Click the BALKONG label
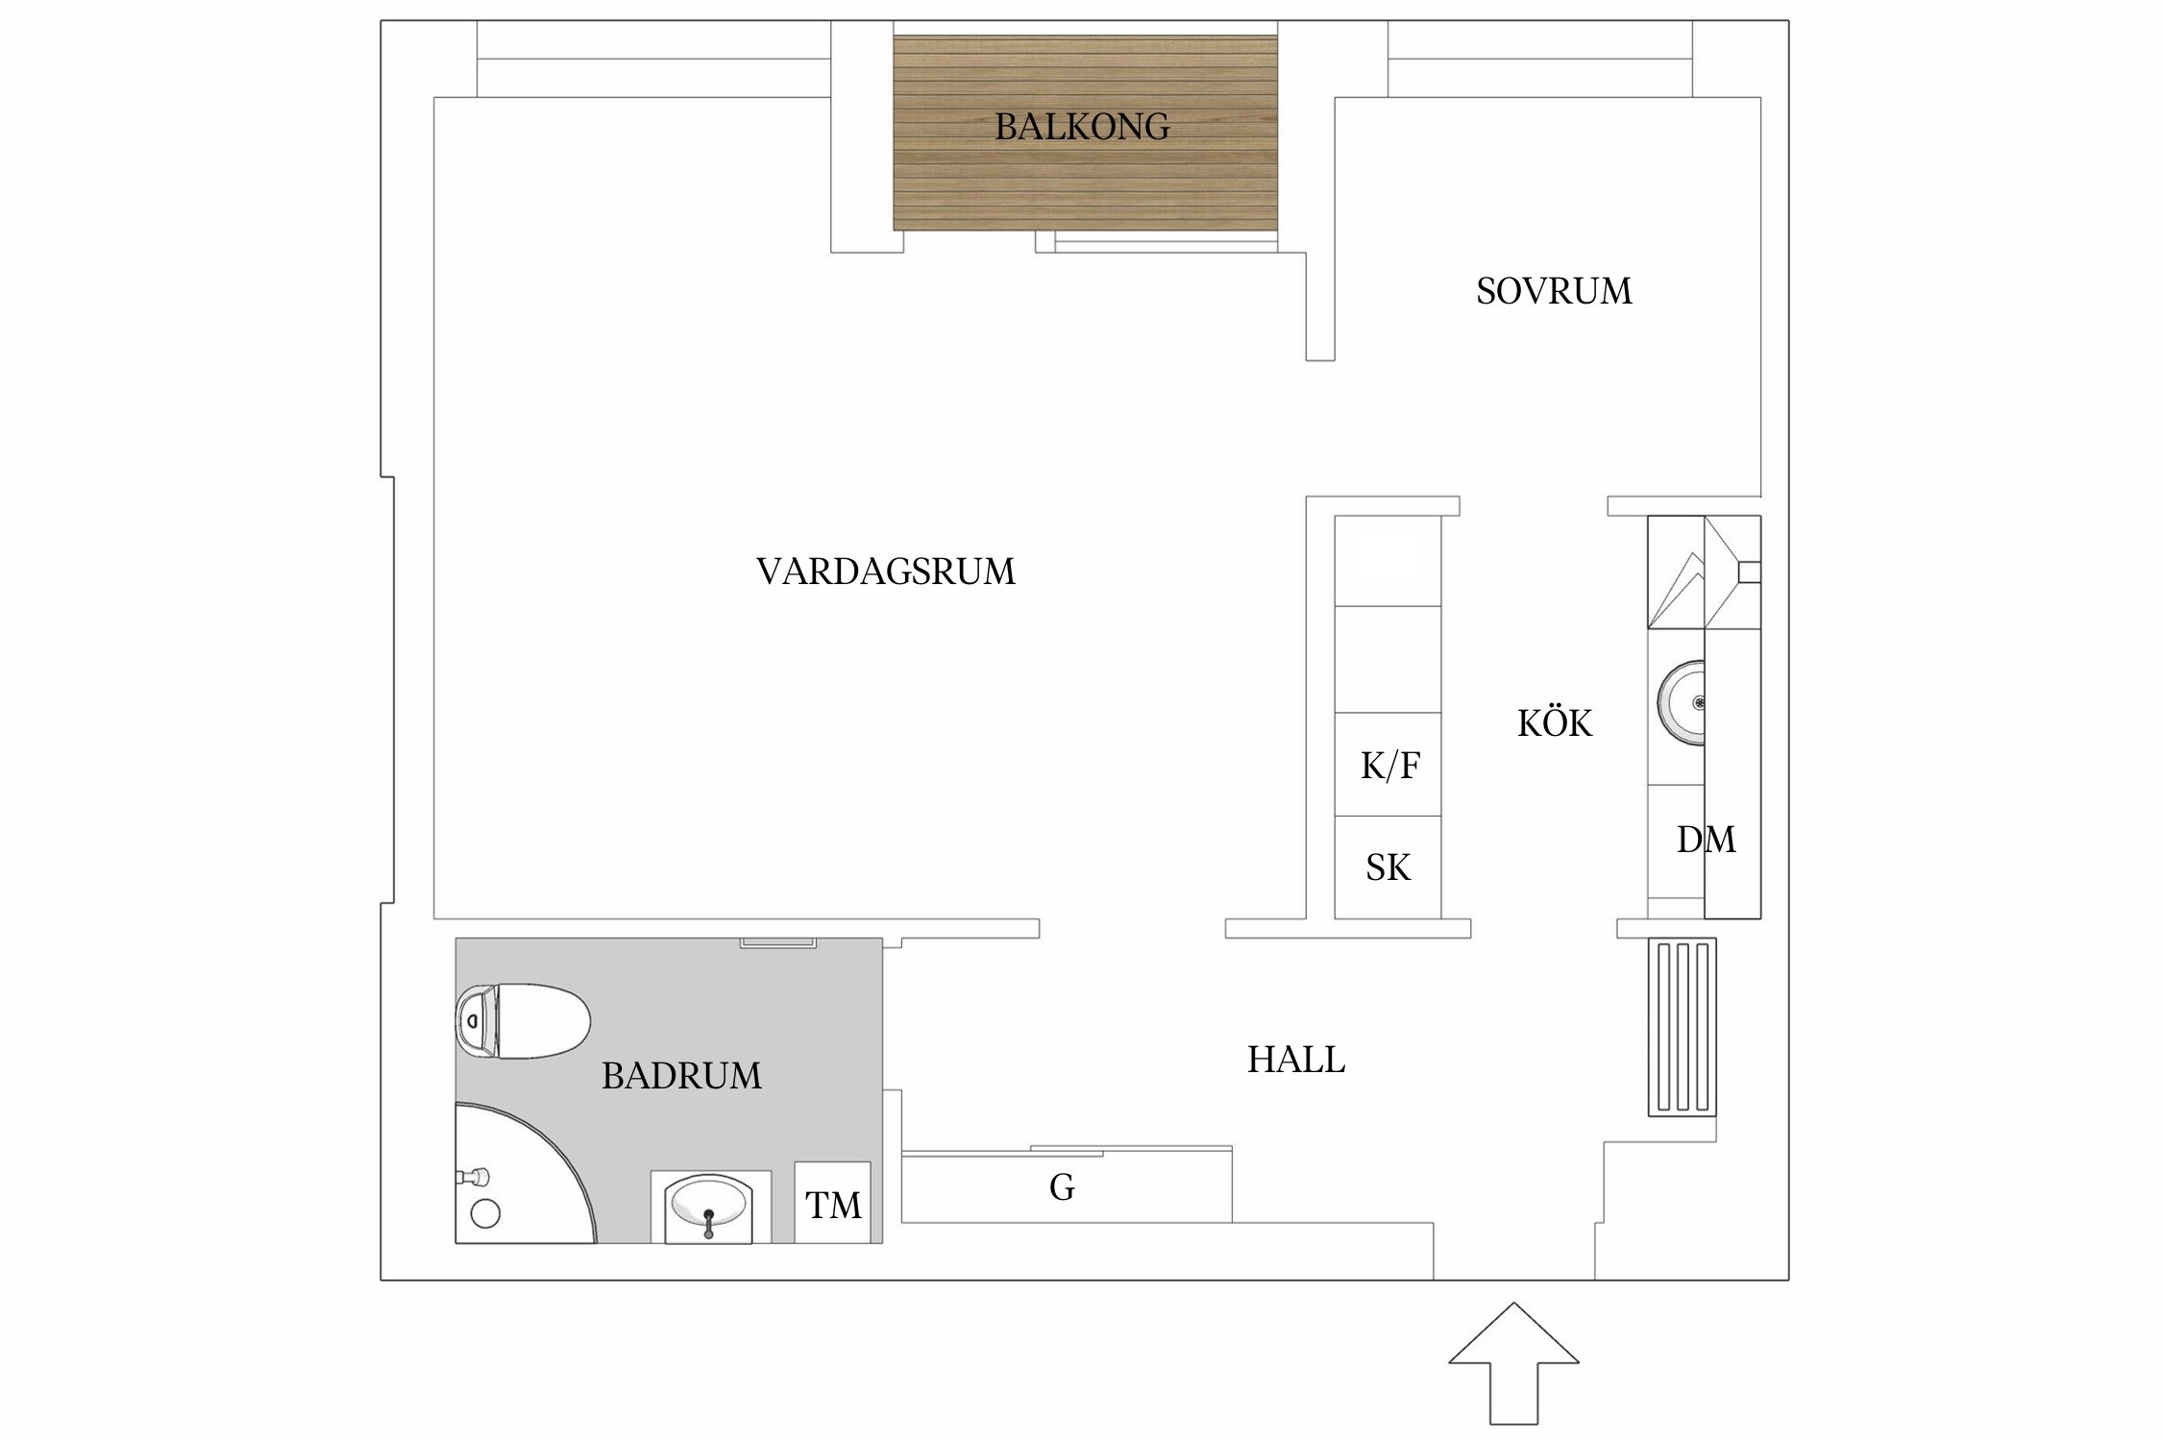tap(1082, 127)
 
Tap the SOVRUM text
tap(1553, 291)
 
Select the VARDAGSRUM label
tap(885, 572)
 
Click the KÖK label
tap(1554, 723)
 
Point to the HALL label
tap(1295, 1061)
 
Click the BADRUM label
tap(681, 1076)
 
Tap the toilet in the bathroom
tap(524, 1021)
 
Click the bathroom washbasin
tap(709, 1205)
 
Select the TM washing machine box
tap(832, 1204)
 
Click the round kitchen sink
tap(1683, 703)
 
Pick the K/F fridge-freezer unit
tap(1388, 765)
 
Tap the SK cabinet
tap(1388, 867)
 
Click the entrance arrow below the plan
tap(1513, 1375)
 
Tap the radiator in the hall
tap(1682, 1027)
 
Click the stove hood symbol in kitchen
tap(1704, 573)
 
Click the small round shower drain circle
tap(485, 1214)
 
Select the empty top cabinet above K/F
tap(1388, 561)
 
